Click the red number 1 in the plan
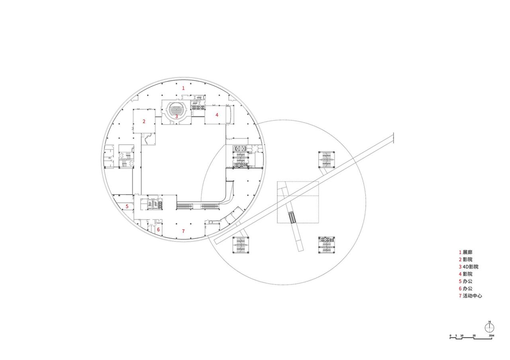pyautogui.click(x=183, y=88)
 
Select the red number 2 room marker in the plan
pyautogui.click(x=144, y=121)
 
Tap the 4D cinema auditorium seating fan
pyautogui.click(x=176, y=108)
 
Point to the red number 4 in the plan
pyautogui.click(x=217, y=115)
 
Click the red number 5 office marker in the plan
pyautogui.click(x=127, y=206)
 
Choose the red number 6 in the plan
pyautogui.click(x=158, y=230)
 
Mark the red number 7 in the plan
pyautogui.click(x=183, y=231)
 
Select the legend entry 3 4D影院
pyautogui.click(x=469, y=267)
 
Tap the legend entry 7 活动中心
pyautogui.click(x=471, y=296)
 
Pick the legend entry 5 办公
pyautogui.click(x=465, y=282)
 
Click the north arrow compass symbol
pyautogui.click(x=490, y=327)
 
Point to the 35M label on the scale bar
pyautogui.click(x=491, y=336)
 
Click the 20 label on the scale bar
pyautogui.click(x=474, y=336)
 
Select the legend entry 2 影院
pyautogui.click(x=465, y=260)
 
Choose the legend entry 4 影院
pyautogui.click(x=465, y=274)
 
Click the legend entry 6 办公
pyautogui.click(x=465, y=289)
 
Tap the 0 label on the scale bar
pyautogui.click(x=451, y=336)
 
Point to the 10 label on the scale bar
pyautogui.click(x=462, y=336)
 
